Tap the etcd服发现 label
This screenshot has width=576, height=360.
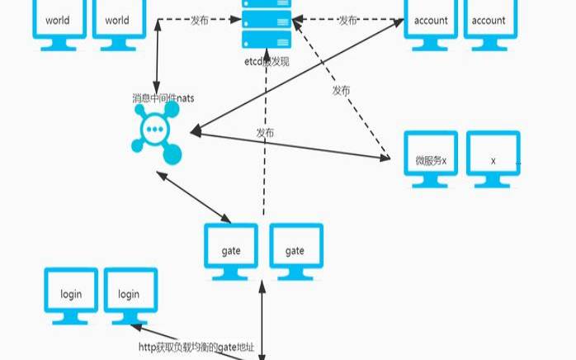click(267, 61)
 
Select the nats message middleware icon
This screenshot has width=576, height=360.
click(154, 134)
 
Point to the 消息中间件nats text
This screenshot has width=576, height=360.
click(163, 98)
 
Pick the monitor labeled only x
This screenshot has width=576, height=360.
click(493, 158)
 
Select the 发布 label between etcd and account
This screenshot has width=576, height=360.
click(347, 19)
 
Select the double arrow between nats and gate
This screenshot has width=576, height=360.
click(198, 196)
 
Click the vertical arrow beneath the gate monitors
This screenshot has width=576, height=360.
click(262, 322)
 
